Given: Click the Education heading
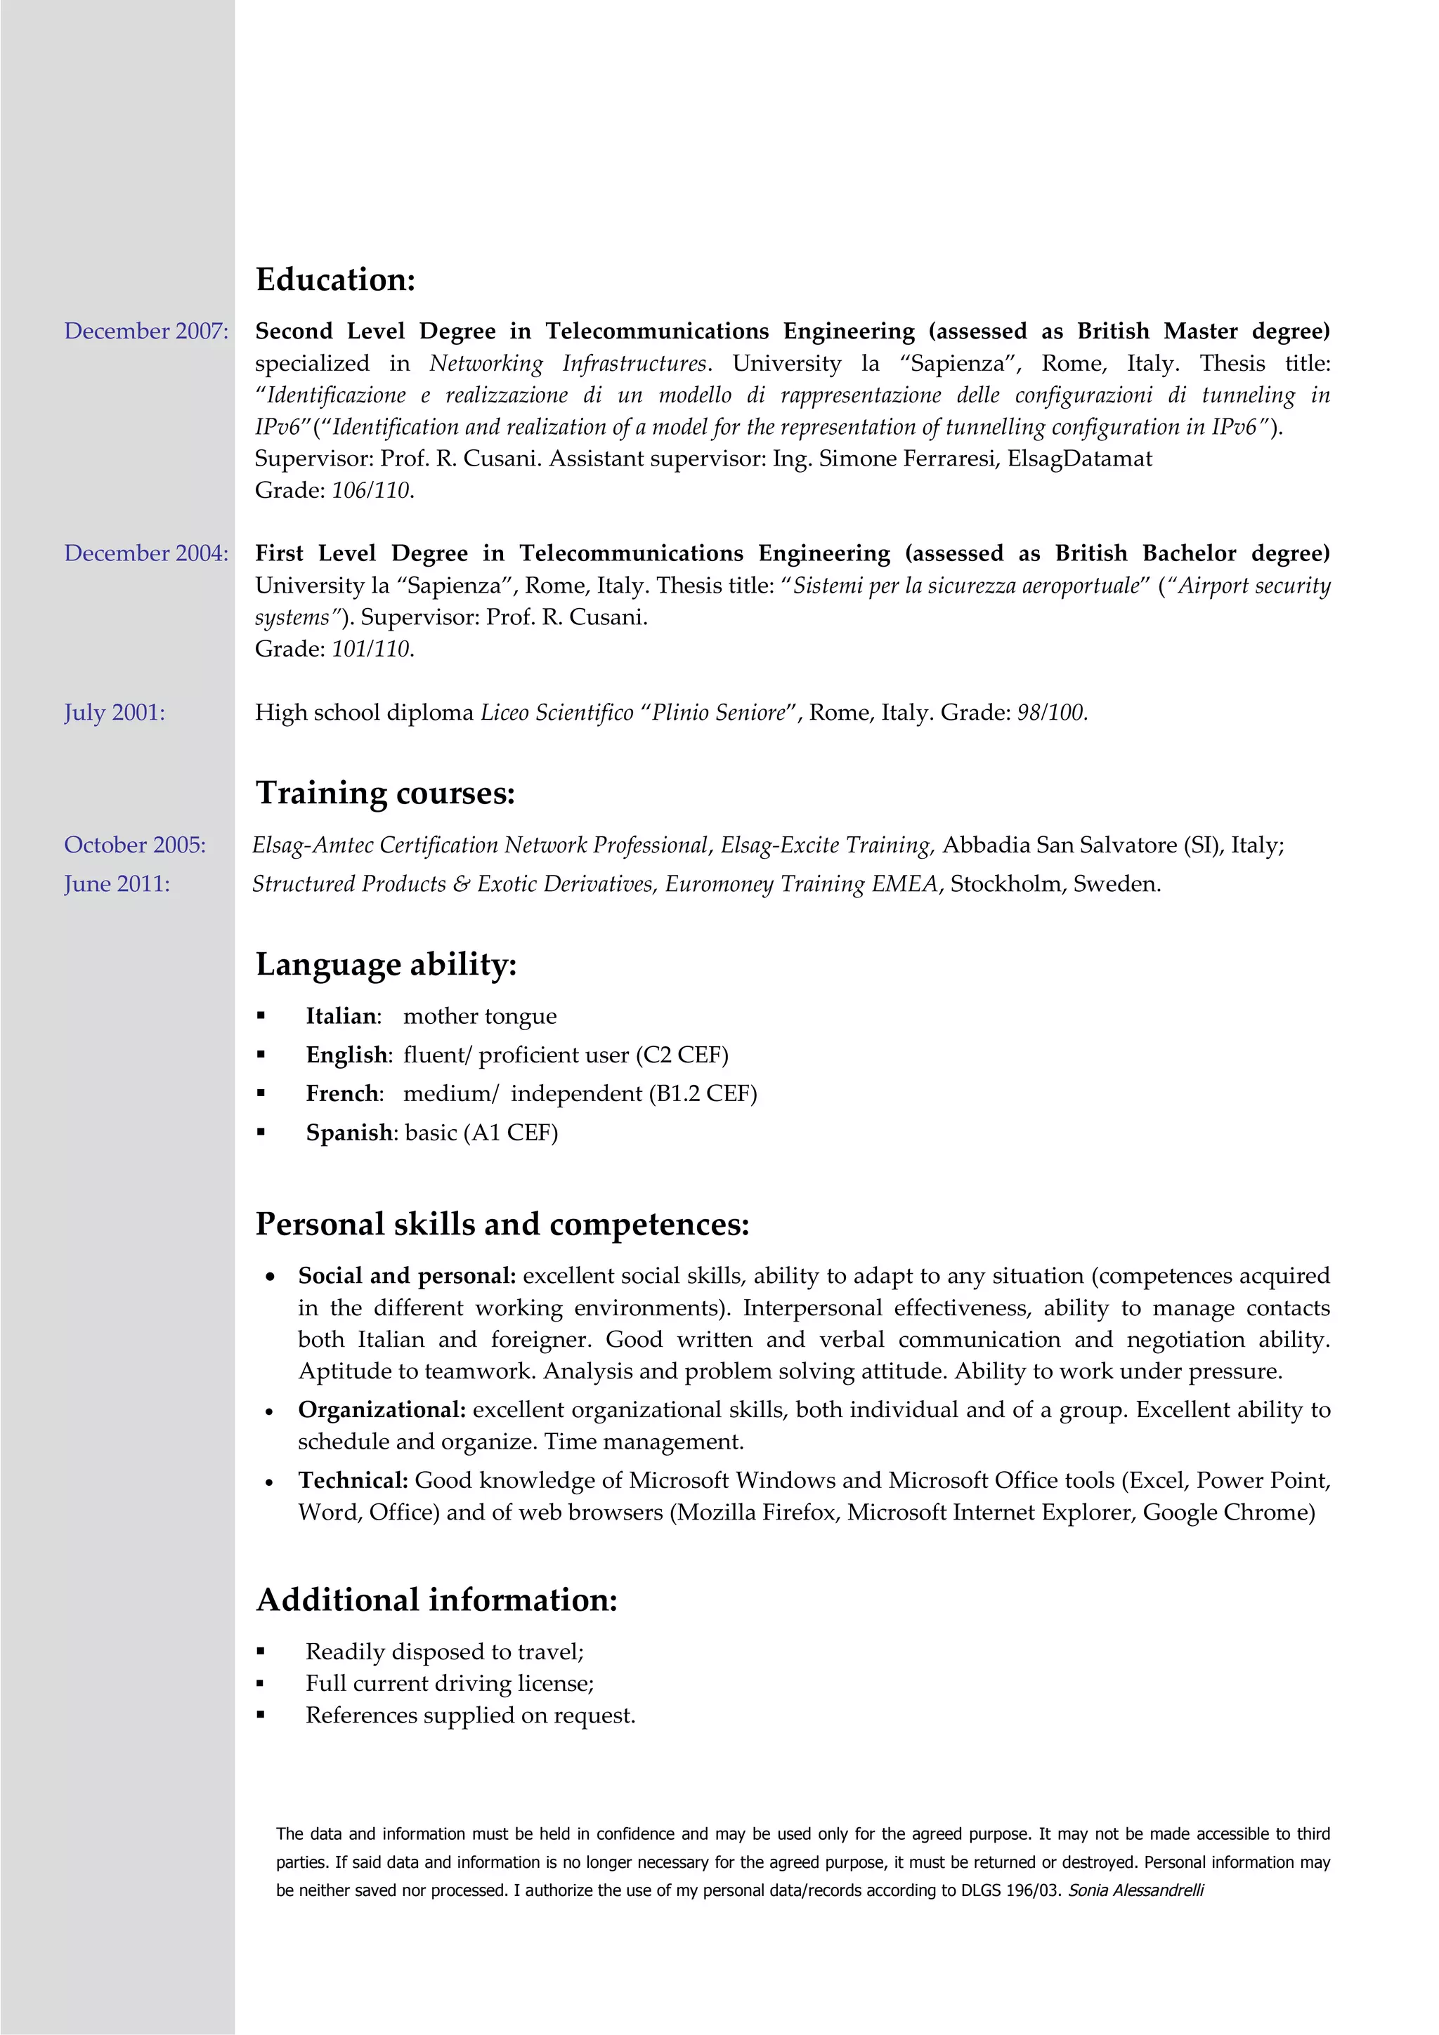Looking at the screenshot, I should tap(335, 280).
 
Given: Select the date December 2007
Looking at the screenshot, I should tap(145, 331).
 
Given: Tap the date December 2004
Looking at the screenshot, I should tap(145, 554).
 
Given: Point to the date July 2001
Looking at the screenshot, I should tap(115, 713).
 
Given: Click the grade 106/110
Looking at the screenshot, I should tap(372, 491).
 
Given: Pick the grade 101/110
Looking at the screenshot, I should tap(372, 650).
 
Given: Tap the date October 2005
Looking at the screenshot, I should tap(135, 845).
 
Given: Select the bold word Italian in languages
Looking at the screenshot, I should tap(341, 1017).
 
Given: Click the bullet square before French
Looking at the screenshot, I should tap(261, 1094).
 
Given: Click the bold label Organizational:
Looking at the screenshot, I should tap(382, 1410).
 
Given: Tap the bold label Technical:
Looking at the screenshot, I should tap(353, 1481).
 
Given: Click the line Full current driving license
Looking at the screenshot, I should tap(449, 1684).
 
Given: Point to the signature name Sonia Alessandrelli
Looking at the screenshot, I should tap(1135, 1890).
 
